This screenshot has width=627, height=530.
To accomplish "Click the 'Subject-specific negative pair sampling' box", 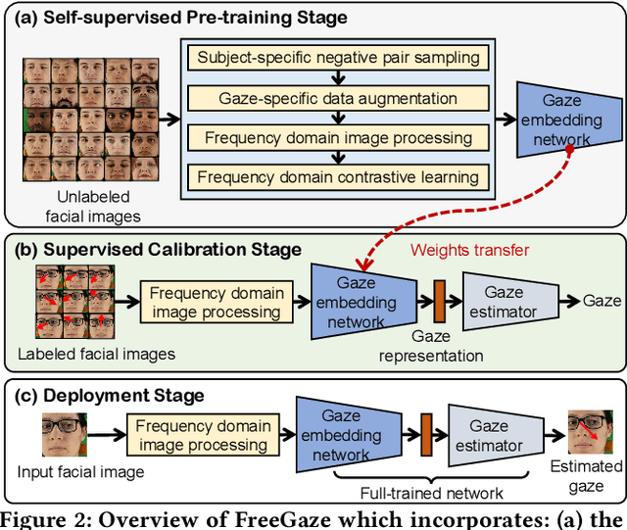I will tap(339, 58).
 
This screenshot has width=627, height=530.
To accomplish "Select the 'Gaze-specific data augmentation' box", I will tap(339, 98).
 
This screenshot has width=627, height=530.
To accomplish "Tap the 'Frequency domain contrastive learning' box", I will tap(339, 177).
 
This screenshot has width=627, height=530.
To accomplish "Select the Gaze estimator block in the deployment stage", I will tap(490, 437).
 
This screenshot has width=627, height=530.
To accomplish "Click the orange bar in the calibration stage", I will tap(439, 302).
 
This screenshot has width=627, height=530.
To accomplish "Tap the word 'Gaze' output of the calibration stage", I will tap(602, 302).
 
